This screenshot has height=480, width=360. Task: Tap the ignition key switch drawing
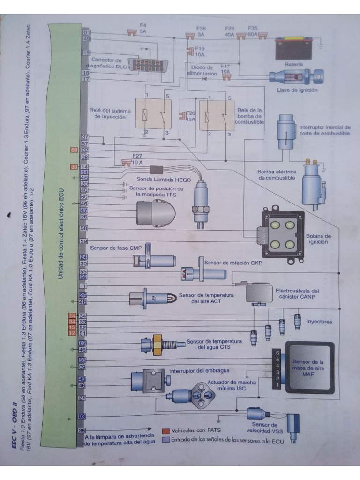tap(295, 76)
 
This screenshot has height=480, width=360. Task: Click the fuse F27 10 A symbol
tap(126, 163)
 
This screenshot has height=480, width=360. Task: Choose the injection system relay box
tap(153, 113)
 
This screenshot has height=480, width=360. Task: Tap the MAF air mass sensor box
tap(309, 367)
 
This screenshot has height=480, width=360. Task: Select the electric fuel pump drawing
tap(312, 184)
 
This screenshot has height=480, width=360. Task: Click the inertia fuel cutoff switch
tap(285, 128)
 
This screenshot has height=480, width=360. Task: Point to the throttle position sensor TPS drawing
tap(155, 213)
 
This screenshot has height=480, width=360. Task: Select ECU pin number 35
tap(82, 430)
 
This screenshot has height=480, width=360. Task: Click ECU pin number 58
tap(84, 228)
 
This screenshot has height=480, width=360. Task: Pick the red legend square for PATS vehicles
tap(165, 430)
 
